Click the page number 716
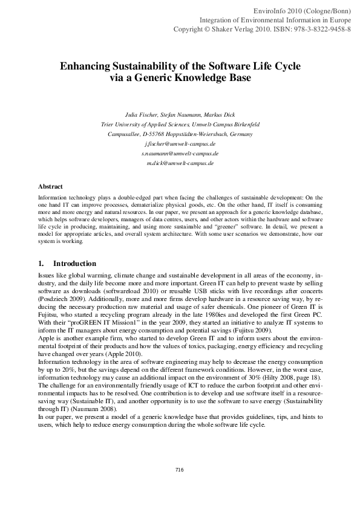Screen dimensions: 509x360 point(179,470)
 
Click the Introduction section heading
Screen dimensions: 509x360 point(74,264)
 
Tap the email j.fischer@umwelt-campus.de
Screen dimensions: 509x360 point(180,144)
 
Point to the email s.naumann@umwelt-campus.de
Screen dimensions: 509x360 point(180,154)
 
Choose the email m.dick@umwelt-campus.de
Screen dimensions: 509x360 point(180,163)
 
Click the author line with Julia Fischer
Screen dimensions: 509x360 point(180,115)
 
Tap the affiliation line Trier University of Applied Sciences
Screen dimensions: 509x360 point(180,125)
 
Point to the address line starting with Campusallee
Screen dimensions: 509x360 point(180,134)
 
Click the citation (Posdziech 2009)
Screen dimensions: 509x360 point(64,299)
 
